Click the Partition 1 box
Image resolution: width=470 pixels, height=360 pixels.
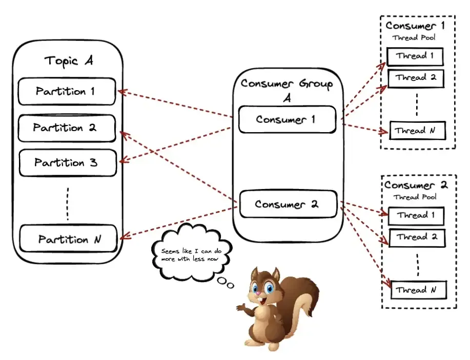(x=67, y=92)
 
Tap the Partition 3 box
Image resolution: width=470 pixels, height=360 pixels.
(x=67, y=163)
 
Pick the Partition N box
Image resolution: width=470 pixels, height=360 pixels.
(x=69, y=239)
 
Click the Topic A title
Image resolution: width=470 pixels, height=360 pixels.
(x=68, y=60)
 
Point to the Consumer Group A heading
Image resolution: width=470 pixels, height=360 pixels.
(x=287, y=89)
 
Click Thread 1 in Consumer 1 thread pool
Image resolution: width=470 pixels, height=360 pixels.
(x=415, y=56)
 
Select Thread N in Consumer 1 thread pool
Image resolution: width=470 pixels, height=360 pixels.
(x=417, y=131)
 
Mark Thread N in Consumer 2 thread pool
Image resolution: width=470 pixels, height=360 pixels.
(x=418, y=290)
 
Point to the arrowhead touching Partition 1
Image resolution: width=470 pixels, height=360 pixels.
(x=121, y=92)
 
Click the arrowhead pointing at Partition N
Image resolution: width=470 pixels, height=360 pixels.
(x=122, y=237)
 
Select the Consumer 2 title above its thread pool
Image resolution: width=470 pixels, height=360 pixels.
(x=416, y=185)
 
